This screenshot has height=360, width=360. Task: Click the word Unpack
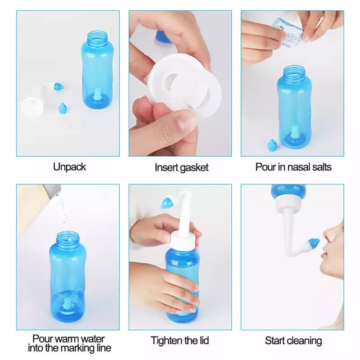(70, 167)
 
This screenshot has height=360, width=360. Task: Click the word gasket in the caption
(194, 167)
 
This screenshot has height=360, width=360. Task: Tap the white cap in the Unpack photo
(32, 107)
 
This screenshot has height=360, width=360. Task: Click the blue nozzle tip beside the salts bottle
(272, 144)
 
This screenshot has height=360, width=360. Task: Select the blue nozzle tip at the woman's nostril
(314, 243)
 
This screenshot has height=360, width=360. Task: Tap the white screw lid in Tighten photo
(183, 239)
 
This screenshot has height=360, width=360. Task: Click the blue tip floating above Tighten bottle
(167, 203)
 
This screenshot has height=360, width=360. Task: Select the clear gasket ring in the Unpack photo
(76, 124)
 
